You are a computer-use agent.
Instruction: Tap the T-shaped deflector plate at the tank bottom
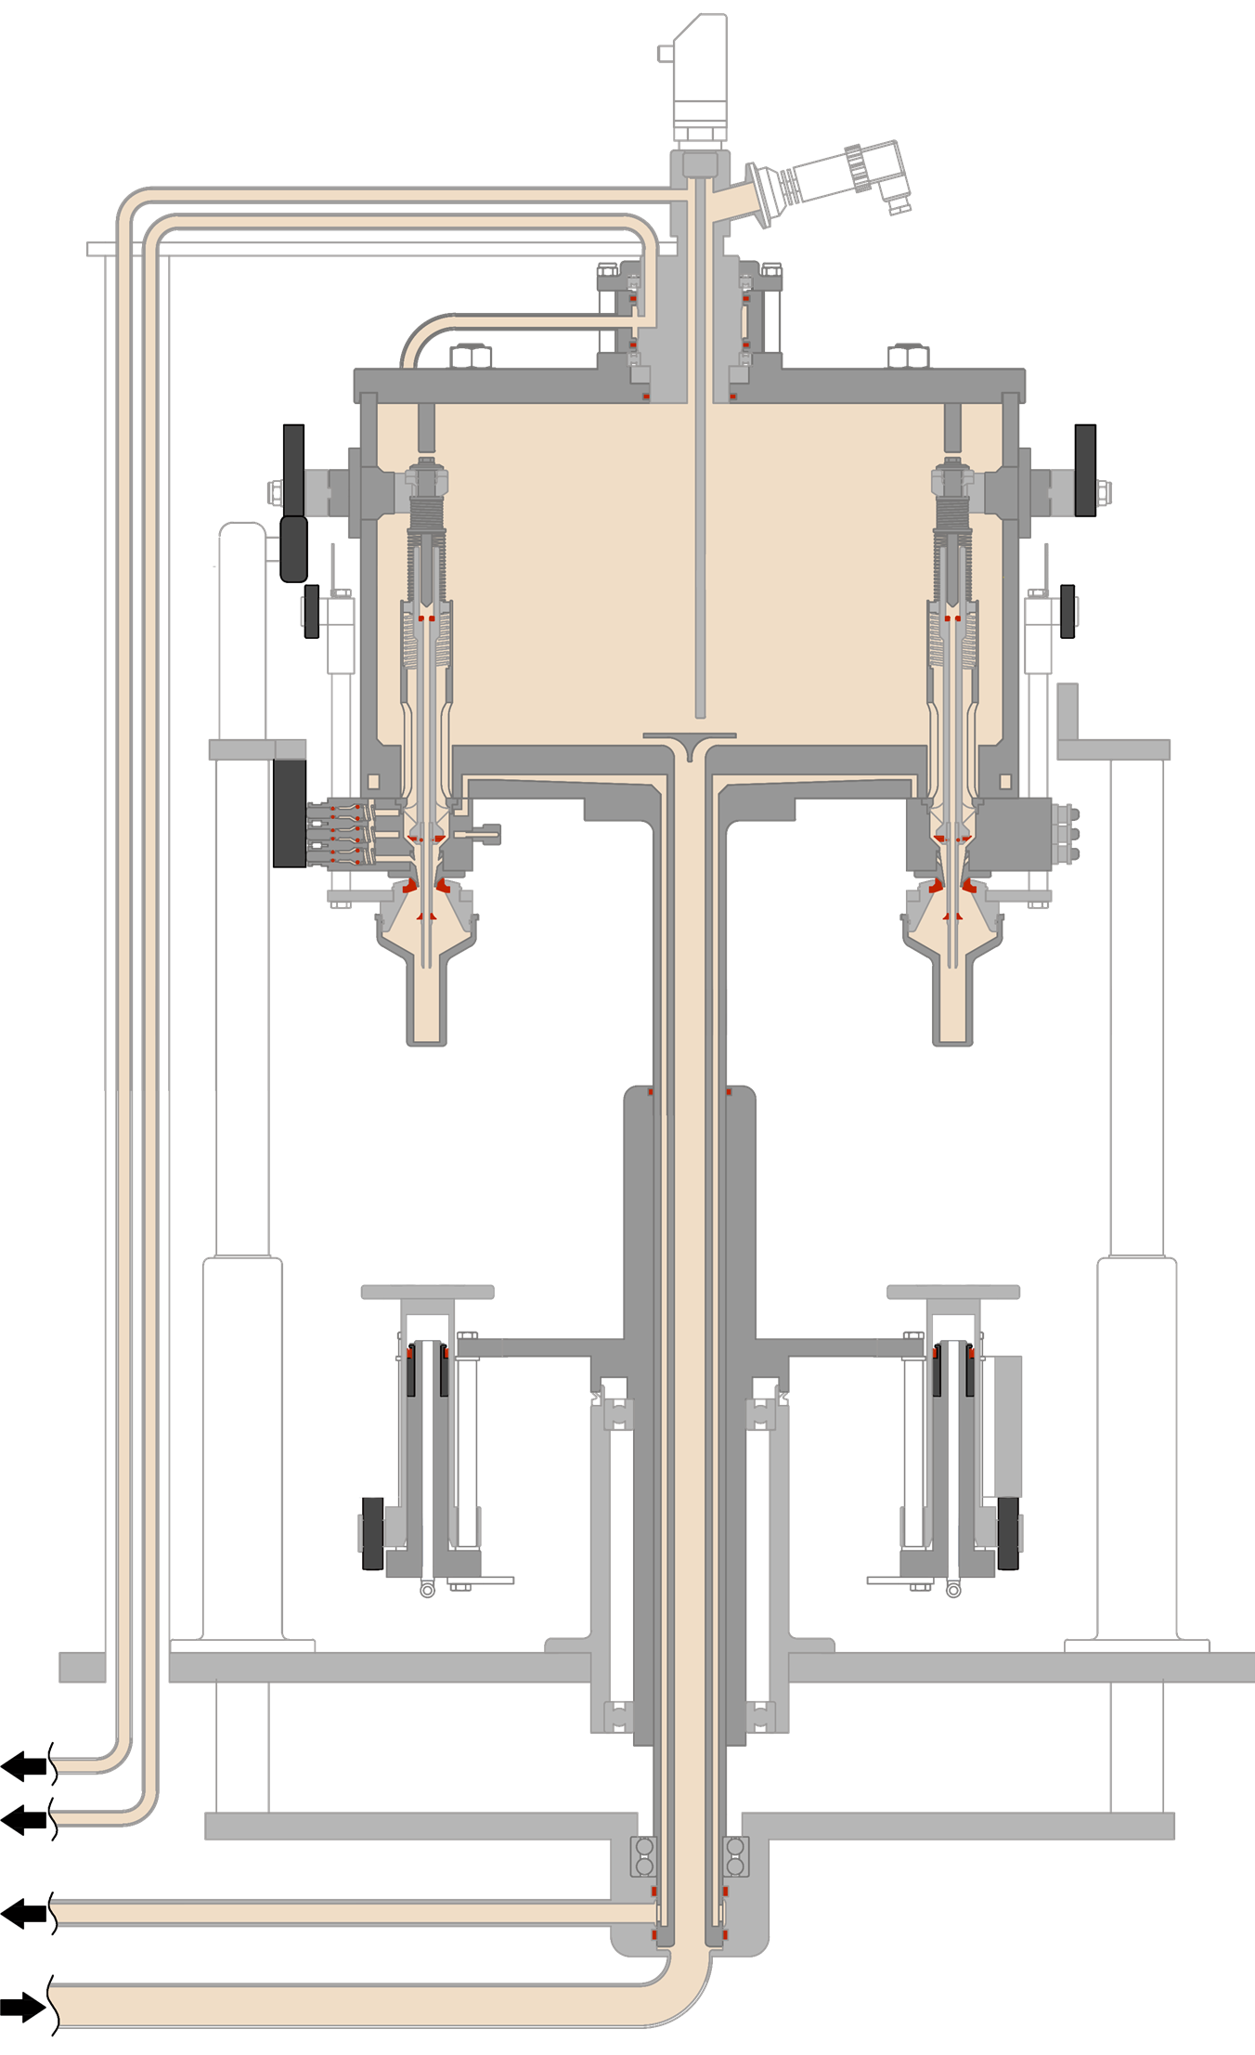pyautogui.click(x=690, y=739)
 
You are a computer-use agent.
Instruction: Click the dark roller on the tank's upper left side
pyautogui.click(x=293, y=470)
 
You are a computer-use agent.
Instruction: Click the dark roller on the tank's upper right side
pyautogui.click(x=1084, y=470)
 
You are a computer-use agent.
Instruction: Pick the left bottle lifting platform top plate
pyautogui.click(x=427, y=1292)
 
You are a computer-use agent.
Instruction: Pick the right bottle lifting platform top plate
pyautogui.click(x=953, y=1292)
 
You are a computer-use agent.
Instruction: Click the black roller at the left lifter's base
pyautogui.click(x=372, y=1533)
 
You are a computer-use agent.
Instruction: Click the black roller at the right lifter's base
pyautogui.click(x=1007, y=1533)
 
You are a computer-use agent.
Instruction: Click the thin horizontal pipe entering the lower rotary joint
pyautogui.click(x=353, y=1914)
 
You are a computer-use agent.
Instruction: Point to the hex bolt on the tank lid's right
pyautogui.click(x=909, y=357)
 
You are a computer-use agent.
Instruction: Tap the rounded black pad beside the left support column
pyautogui.click(x=293, y=549)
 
